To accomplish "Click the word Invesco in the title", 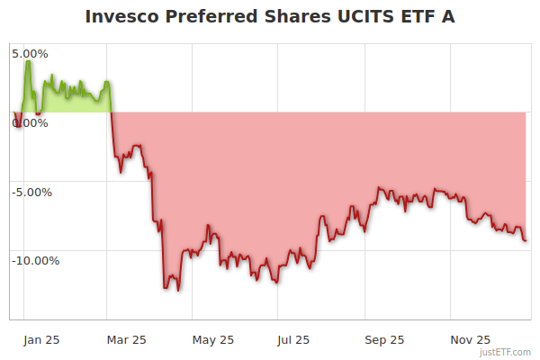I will click(122, 16).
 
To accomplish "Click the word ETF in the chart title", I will click(406, 16).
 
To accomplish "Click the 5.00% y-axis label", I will click(30, 53).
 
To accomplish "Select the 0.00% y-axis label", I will click(30, 122).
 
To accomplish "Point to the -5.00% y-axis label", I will click(31, 192).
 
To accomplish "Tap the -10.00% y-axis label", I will click(34, 261).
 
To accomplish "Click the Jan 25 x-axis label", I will click(41, 339).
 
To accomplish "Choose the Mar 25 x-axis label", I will click(126, 339).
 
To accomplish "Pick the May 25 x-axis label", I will click(213, 339).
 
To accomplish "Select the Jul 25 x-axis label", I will click(295, 339).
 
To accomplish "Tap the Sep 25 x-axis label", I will click(383, 339).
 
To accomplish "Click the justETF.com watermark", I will click(506, 352).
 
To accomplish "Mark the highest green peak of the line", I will click(28, 61).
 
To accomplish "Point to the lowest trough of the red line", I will click(178, 290).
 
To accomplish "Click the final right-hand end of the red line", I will click(526, 239).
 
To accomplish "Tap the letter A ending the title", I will click(446, 16).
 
